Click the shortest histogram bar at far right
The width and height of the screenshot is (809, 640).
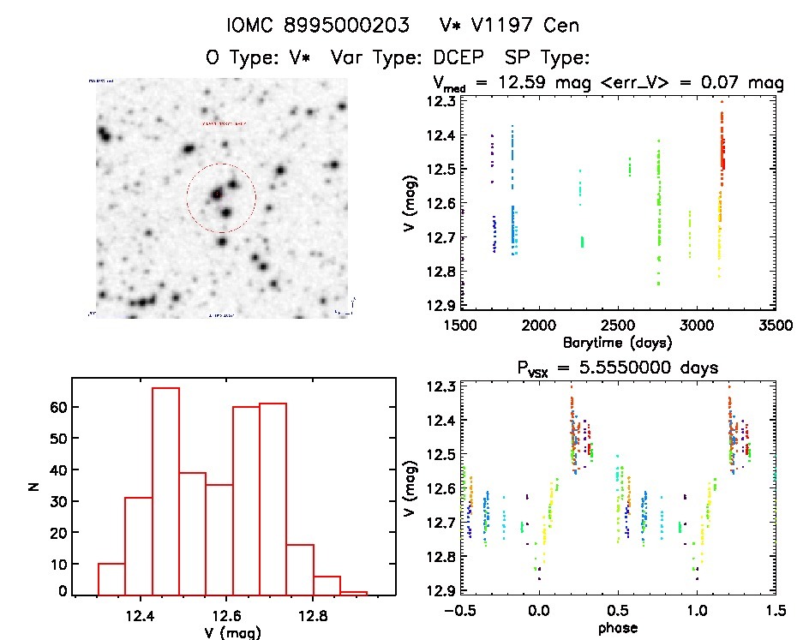click(x=354, y=593)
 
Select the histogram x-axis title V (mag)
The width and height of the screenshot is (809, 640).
click(x=234, y=631)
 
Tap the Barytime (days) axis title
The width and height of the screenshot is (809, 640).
click(x=617, y=342)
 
